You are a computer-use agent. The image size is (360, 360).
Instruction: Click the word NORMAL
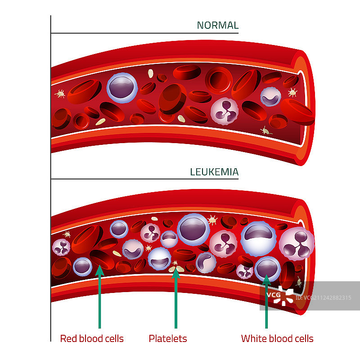point(217,25)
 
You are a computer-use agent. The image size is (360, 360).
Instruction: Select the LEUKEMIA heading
point(214,171)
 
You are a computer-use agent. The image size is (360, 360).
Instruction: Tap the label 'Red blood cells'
point(92,338)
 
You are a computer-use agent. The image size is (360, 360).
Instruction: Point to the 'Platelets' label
point(168,338)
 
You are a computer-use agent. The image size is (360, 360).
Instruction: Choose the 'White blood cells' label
point(277,338)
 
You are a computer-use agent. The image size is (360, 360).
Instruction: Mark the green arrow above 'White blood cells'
point(266,301)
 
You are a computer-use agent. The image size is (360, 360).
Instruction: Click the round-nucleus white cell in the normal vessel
point(121,87)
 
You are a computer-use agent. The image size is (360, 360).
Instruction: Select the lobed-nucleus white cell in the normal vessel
point(225,110)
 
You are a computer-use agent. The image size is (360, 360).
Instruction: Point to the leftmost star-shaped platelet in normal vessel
point(60,94)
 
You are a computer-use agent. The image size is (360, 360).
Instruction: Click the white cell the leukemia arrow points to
point(267,268)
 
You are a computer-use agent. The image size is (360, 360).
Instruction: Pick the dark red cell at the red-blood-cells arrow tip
point(102,260)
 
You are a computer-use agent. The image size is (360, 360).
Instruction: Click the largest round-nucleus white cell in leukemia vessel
point(193,229)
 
